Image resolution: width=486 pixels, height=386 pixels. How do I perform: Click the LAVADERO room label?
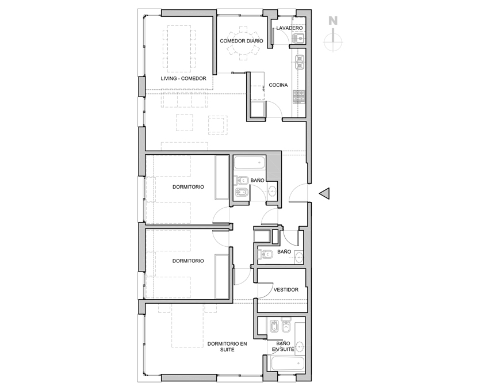(289, 28)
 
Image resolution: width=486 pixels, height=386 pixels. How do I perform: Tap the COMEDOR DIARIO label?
(242, 41)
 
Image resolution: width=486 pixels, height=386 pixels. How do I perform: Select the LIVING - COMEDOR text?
(183, 78)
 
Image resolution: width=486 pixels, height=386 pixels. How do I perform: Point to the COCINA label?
(278, 85)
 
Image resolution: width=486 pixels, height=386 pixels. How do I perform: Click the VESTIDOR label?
(286, 289)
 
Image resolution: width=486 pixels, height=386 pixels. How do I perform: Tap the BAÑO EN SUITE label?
(283, 346)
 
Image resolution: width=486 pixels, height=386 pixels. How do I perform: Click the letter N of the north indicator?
(333, 21)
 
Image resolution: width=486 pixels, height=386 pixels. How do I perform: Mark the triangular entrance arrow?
(324, 193)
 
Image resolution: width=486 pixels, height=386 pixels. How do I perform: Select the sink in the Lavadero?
(299, 39)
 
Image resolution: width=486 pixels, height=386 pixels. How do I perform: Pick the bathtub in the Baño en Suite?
(287, 364)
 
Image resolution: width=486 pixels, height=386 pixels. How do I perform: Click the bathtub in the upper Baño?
(250, 162)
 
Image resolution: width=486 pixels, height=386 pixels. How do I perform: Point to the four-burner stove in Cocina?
(299, 97)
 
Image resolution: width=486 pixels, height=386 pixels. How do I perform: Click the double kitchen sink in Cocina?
(300, 62)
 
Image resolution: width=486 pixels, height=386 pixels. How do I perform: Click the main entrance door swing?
(298, 193)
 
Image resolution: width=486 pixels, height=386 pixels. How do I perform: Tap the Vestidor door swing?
(265, 291)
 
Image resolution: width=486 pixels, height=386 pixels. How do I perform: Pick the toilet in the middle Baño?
(265, 255)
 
